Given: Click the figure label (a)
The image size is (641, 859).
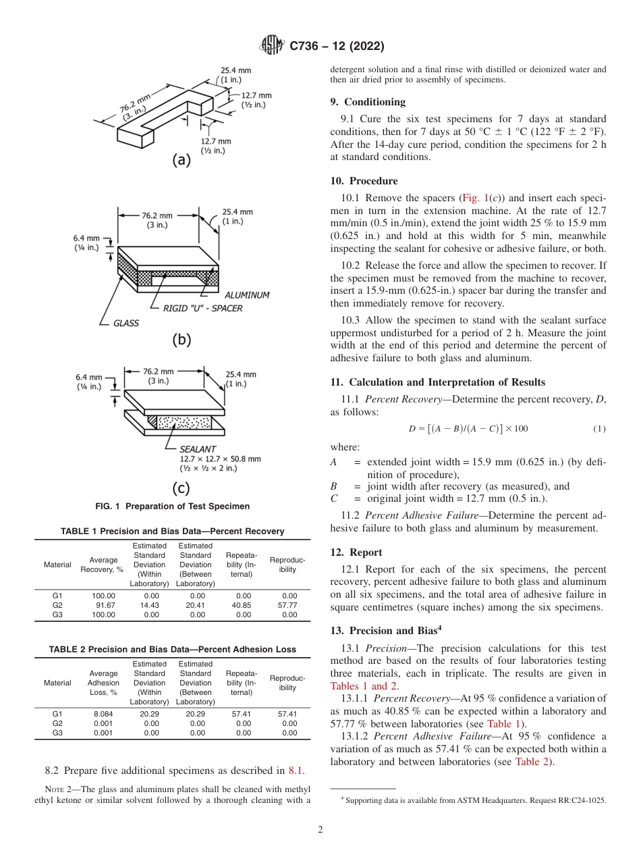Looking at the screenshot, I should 182,160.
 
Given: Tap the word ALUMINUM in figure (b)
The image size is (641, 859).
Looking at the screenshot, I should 247,295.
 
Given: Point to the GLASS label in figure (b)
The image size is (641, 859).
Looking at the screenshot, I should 126,323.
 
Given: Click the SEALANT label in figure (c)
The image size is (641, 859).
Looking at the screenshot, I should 197,448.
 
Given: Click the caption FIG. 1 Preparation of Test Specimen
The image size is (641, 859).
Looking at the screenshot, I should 172,506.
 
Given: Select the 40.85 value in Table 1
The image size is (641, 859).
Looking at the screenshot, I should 244,605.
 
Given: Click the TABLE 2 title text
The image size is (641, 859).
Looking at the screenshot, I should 172,649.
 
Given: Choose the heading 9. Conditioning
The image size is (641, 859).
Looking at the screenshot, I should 368,102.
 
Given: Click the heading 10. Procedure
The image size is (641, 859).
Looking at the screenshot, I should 364,181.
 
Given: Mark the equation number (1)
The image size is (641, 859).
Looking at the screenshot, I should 599,429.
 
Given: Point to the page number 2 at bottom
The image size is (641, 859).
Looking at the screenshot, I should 320,830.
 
